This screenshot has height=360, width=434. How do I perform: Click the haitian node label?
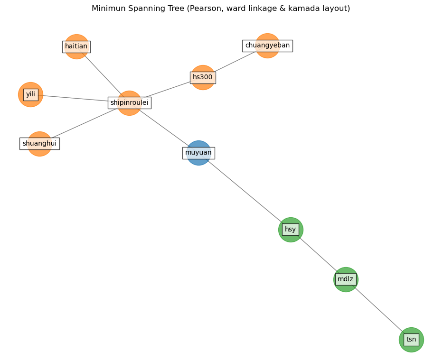point(76,46)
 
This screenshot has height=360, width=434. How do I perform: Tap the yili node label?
point(30,94)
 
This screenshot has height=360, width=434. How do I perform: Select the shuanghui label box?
point(39,143)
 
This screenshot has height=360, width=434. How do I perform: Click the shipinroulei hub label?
point(129,102)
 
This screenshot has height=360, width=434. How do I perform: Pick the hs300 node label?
point(203,77)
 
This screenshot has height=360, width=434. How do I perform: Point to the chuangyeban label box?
point(267,46)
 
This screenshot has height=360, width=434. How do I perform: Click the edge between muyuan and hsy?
point(245,191)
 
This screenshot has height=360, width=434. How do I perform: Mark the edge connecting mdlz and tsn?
point(378,309)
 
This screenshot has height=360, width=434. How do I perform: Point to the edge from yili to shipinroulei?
point(76,98)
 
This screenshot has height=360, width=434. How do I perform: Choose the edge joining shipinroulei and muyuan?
point(164,128)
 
